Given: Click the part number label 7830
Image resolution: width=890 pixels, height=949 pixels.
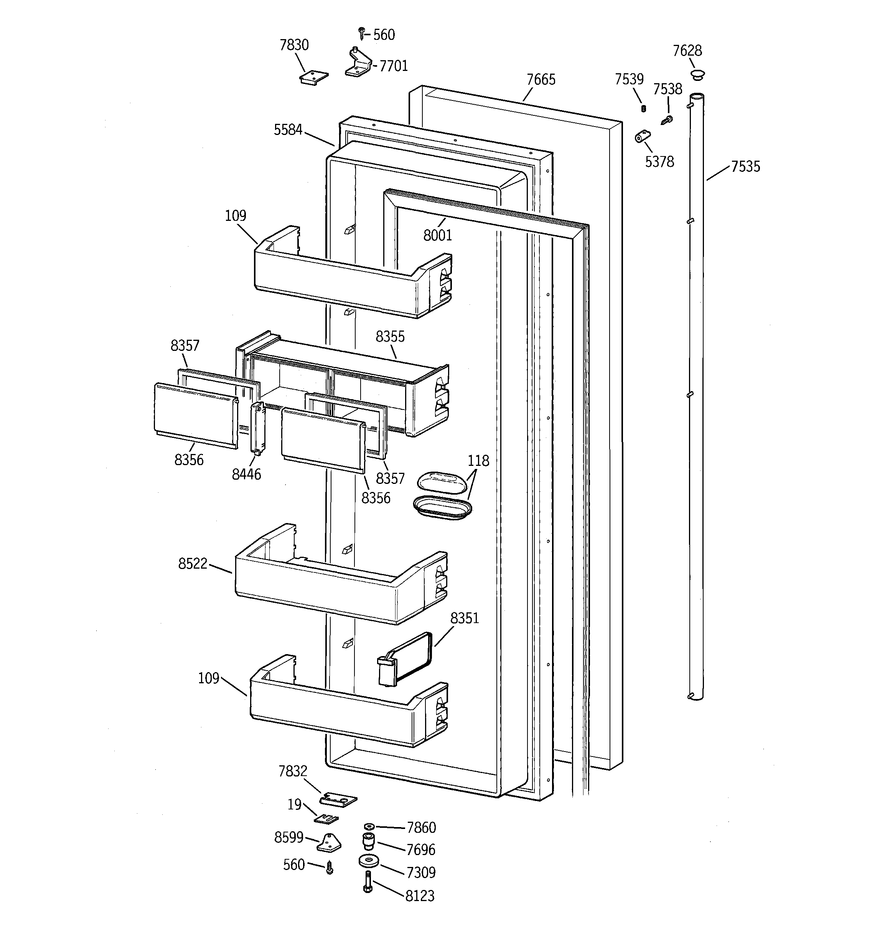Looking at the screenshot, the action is pyautogui.click(x=294, y=45).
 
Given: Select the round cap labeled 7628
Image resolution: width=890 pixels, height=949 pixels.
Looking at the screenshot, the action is pyautogui.click(x=697, y=74).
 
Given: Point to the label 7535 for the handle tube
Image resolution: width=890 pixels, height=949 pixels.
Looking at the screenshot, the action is pyautogui.click(x=745, y=166).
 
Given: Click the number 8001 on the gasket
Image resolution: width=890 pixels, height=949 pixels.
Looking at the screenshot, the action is pyautogui.click(x=437, y=235).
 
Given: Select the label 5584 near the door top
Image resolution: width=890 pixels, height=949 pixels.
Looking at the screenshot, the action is pyautogui.click(x=288, y=130).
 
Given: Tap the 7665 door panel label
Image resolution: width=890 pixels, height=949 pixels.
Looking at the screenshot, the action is pyautogui.click(x=541, y=79).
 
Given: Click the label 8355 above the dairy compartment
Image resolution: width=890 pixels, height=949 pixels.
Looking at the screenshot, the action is pyautogui.click(x=390, y=337).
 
